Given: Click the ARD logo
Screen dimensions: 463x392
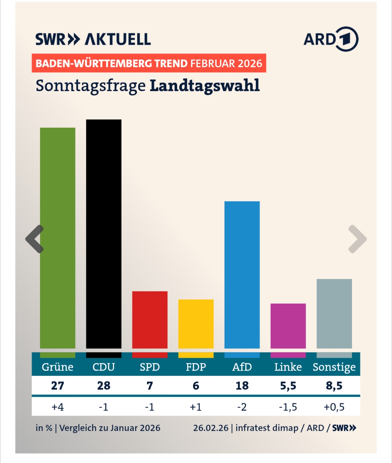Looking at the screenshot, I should click(x=331, y=39).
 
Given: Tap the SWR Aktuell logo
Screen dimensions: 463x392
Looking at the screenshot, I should click(x=93, y=39).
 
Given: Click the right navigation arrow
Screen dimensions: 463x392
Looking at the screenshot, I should click(x=357, y=239).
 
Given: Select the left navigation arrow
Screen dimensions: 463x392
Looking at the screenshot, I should click(x=35, y=239).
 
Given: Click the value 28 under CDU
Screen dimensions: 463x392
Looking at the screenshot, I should click(x=104, y=385).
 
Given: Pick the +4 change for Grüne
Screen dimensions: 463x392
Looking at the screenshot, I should click(x=58, y=407).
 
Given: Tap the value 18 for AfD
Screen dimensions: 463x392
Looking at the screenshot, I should click(x=242, y=385).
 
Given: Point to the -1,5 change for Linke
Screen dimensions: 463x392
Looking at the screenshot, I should click(x=288, y=407).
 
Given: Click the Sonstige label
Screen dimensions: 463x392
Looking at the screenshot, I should click(x=334, y=367).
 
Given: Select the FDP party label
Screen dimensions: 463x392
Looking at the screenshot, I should click(x=196, y=367).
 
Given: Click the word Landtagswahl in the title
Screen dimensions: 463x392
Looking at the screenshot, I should click(x=205, y=86).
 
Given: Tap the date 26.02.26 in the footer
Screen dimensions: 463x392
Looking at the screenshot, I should click(x=211, y=428).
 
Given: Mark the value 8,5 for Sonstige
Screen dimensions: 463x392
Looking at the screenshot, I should click(x=334, y=385).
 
